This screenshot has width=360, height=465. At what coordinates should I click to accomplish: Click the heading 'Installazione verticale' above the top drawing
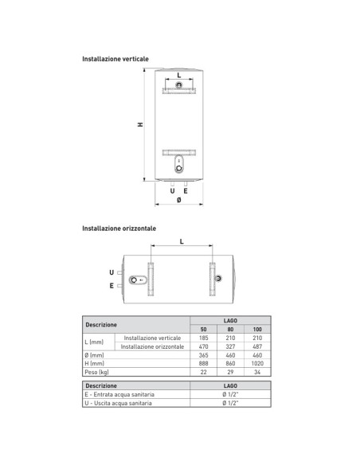point(115,60)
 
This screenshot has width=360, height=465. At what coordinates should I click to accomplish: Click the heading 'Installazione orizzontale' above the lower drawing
point(119,229)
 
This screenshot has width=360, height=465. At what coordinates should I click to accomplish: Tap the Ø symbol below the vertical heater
point(178,200)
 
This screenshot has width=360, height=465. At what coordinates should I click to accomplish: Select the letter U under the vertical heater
point(172,191)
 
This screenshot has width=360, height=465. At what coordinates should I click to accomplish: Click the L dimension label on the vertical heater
point(178,75)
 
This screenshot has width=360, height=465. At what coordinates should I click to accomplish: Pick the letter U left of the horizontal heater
point(112,272)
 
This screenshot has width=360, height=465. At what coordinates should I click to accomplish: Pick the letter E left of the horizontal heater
point(112,284)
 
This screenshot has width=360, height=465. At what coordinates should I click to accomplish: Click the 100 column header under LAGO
point(256,329)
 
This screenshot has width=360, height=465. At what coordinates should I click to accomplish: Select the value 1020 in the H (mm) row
point(256,363)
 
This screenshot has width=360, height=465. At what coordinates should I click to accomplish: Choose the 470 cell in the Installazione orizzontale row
point(203,346)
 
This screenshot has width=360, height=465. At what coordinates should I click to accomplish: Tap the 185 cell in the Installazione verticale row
point(203,338)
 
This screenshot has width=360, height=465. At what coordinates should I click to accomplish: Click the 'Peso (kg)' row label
point(96,372)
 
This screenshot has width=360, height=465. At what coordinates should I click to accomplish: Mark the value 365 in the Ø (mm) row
point(203,355)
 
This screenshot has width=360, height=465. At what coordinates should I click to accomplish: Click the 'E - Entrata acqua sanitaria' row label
point(119,394)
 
